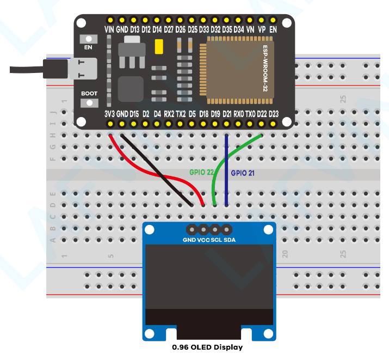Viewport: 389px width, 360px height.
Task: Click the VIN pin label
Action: pyautogui.click(x=109, y=29)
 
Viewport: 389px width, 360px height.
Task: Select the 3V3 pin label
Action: pyautogui.click(x=109, y=114)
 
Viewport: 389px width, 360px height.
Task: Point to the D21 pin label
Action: pyautogui.click(x=227, y=114)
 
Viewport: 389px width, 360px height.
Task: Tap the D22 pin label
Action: pyautogui.click(x=262, y=114)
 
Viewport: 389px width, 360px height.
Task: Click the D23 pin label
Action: pyautogui.click(x=274, y=114)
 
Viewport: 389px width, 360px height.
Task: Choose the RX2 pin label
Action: pyautogui.click(x=169, y=114)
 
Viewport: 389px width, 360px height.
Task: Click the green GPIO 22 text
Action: pyautogui.click(x=201, y=172)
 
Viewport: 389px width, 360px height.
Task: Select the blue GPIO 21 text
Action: pyautogui.click(x=243, y=173)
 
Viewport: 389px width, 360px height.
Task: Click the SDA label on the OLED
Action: pyautogui.click(x=230, y=240)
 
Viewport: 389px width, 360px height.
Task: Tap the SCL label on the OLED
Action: pyautogui.click(x=216, y=240)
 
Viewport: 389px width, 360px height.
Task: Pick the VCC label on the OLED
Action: pyautogui.click(x=203, y=240)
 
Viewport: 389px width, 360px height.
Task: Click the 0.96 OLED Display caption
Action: pyautogui.click(x=207, y=347)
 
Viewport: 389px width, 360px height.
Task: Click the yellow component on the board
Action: pyautogui.click(x=159, y=47)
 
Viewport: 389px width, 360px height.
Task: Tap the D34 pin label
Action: pyautogui.click(x=238, y=29)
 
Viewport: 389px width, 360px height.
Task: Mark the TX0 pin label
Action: pyautogui.click(x=250, y=114)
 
